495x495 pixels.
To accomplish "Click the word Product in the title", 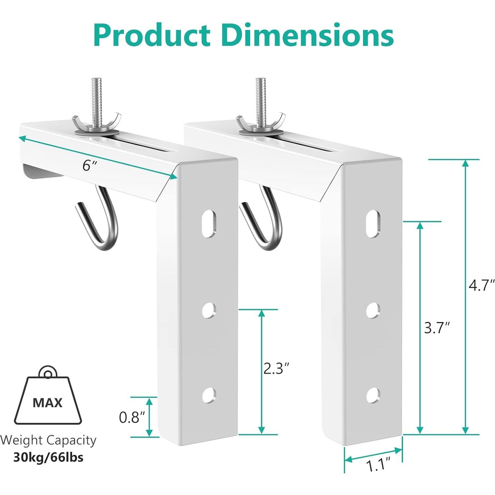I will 152,35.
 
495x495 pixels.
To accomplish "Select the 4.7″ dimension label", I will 481,285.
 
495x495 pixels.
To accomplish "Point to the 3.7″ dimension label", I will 437,328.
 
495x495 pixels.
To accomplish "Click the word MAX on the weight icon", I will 48,402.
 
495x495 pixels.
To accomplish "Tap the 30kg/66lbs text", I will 48,457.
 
